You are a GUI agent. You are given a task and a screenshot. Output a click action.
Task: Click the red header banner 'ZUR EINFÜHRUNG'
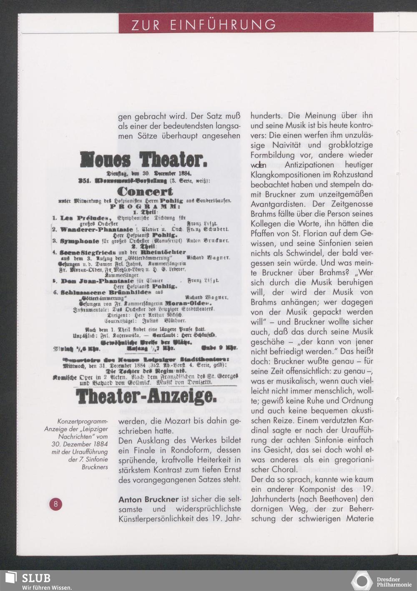[246, 24]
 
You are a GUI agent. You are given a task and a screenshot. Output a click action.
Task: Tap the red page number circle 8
[55, 504]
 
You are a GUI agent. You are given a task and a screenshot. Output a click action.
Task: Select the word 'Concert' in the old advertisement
[145, 192]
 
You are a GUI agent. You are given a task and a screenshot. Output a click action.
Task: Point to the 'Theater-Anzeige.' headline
[146, 397]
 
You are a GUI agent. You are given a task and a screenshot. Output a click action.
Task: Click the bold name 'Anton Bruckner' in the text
[148, 499]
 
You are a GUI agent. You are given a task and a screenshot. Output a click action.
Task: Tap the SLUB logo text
[36, 578]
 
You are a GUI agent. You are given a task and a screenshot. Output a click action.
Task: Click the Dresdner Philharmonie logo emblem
[361, 581]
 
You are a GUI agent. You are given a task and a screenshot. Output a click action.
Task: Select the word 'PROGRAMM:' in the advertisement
[145, 206]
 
